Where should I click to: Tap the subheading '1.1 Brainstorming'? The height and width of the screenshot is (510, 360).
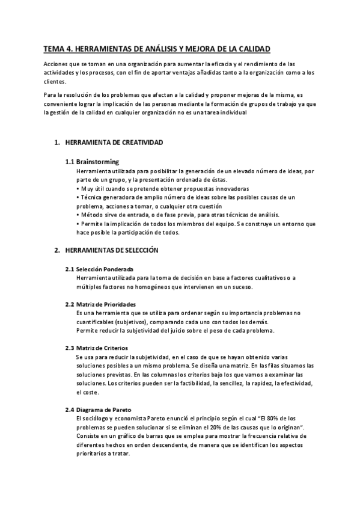coord(92,162)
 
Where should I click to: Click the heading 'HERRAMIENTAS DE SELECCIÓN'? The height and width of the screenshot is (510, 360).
coord(111,249)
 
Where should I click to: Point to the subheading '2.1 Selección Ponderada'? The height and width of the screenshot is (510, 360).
coord(99,268)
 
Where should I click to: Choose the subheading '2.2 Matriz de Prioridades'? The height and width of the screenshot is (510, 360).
coord(100,304)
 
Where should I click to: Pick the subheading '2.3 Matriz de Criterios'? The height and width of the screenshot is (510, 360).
coord(96,348)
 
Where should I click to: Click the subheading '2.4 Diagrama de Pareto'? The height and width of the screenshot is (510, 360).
coord(99,410)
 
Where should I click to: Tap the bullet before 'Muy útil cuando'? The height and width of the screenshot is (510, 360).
coord(78,188)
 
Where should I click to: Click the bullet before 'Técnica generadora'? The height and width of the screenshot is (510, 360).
coord(78,197)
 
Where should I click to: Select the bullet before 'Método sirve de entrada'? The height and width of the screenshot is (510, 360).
coord(78,215)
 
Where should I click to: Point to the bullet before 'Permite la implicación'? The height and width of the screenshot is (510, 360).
coord(78,224)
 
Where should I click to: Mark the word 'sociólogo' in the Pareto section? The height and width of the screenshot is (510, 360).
coord(99,418)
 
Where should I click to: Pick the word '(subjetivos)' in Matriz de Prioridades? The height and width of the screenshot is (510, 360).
coord(132,322)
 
